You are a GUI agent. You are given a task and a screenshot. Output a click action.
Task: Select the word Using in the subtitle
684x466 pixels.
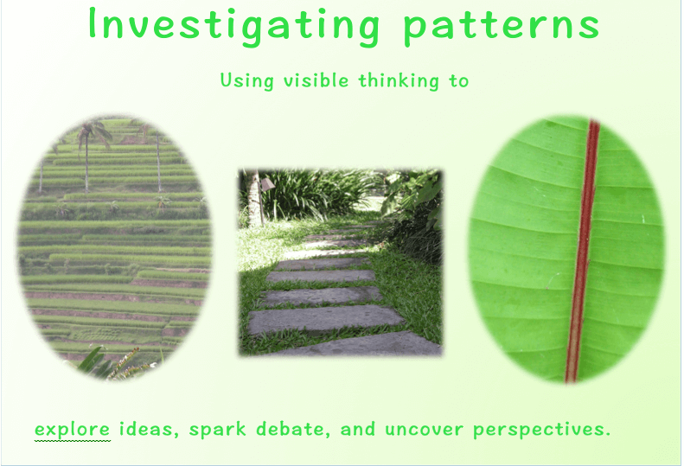pos(247,80)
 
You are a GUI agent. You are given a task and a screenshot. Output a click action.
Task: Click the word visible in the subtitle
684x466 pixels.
pos(316,80)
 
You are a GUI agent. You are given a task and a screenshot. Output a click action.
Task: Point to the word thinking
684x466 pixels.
pos(399,81)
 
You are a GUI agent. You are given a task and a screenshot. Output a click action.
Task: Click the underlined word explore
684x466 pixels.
pos(72,429)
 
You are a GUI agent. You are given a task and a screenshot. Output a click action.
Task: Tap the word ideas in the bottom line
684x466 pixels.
pos(149,429)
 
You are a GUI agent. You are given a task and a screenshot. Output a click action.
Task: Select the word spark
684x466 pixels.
pos(217,430)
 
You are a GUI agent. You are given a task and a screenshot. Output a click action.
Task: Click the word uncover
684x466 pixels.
pos(424,430)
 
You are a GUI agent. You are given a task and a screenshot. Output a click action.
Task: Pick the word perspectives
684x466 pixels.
pos(541,430)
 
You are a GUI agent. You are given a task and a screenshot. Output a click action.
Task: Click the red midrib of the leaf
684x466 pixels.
pos(583,251)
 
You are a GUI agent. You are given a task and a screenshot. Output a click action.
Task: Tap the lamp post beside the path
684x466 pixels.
pos(264,201)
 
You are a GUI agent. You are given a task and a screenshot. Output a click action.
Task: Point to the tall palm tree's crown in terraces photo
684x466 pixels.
pos(93,131)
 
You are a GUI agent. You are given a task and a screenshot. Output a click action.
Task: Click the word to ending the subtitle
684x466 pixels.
pos(458,80)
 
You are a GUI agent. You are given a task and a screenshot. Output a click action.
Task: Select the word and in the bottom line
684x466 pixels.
pos(357,429)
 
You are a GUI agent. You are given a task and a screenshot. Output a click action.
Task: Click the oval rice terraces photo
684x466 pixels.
pos(115,247)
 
